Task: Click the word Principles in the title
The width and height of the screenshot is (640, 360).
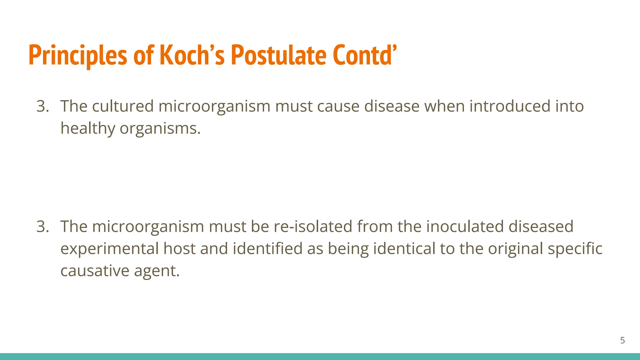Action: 77,56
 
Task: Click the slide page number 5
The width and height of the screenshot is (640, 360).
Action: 622,340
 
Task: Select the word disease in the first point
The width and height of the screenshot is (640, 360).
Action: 392,106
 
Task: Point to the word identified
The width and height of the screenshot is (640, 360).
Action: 267,249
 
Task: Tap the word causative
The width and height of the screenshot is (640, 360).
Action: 95,271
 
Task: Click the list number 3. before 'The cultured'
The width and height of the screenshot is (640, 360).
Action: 43,106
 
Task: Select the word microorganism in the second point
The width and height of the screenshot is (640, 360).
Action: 148,227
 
